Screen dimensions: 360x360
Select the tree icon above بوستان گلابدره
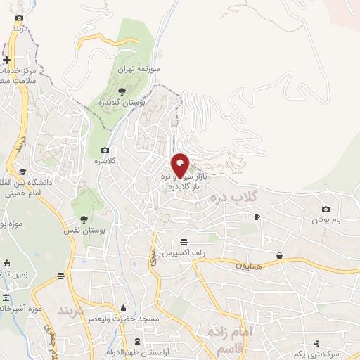point(122,91)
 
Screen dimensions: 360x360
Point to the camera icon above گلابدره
point(105,150)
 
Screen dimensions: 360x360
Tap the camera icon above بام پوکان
point(326,209)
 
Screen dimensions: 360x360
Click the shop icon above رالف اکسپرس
point(184,240)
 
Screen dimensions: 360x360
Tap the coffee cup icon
point(257,217)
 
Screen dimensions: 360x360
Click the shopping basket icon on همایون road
point(280,255)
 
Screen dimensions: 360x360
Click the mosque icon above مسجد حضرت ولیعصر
point(124,308)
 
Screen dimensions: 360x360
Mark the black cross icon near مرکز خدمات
point(7,60)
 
